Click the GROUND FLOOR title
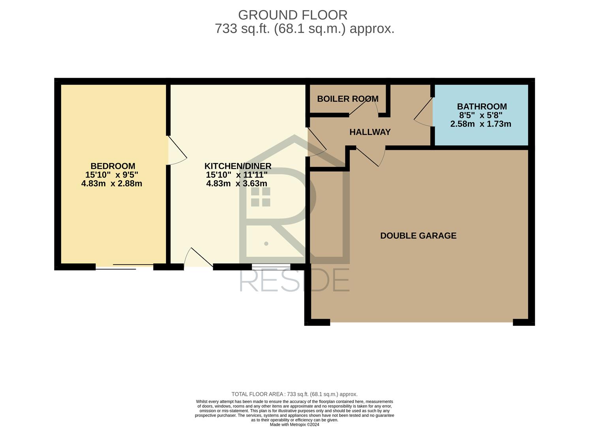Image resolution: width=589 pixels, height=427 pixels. (x=293, y=15)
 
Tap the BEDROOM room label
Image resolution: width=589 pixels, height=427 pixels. (x=113, y=166)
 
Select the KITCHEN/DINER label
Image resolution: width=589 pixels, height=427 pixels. (x=238, y=166)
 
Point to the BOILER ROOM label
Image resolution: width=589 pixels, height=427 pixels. (x=348, y=99)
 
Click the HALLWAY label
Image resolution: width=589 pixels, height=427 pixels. (x=370, y=132)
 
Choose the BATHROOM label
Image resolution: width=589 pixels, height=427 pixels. (x=482, y=106)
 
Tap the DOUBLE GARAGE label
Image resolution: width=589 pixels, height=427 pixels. (x=418, y=236)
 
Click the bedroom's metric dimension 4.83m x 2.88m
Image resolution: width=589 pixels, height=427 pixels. (x=111, y=183)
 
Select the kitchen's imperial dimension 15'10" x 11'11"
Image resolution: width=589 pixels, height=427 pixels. (x=236, y=175)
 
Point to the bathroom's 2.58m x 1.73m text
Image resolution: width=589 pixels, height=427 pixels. (x=481, y=124)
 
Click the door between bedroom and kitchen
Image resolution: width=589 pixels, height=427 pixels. (x=177, y=150)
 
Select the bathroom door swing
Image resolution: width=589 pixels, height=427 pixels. (x=423, y=112)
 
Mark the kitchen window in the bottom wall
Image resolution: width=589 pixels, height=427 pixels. (x=271, y=267)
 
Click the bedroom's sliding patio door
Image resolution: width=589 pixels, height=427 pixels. (x=124, y=266)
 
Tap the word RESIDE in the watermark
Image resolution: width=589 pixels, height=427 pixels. (x=294, y=280)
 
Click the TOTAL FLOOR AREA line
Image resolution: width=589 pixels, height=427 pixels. (x=294, y=394)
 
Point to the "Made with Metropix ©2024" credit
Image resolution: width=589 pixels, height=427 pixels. (x=294, y=425)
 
